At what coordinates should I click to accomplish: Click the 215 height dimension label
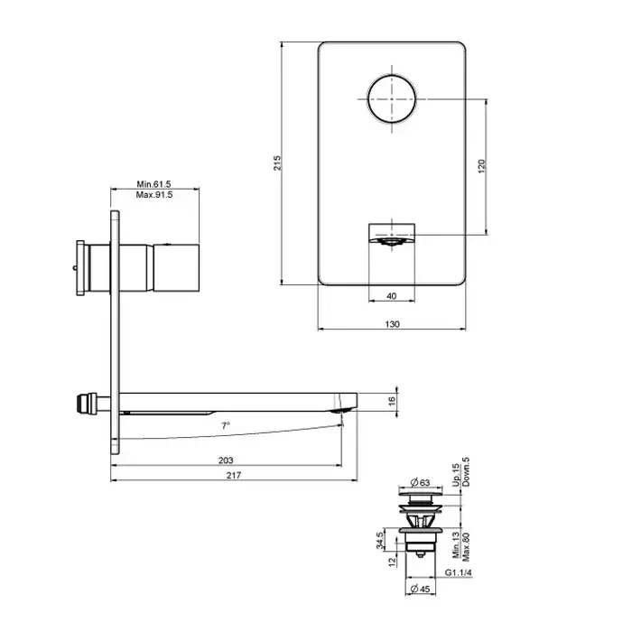coord(277,163)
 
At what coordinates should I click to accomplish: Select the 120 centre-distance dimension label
coord(481,166)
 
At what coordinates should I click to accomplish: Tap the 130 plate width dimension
coord(392,324)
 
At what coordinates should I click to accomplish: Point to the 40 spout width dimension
coord(391,296)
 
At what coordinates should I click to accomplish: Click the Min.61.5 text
coord(154,184)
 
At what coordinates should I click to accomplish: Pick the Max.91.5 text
coord(154,195)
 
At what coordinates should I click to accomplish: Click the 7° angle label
coord(226,425)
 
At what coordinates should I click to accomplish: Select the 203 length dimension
coord(226,460)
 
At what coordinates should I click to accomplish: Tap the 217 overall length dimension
coord(234,476)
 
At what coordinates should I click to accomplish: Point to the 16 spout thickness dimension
coord(392,402)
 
